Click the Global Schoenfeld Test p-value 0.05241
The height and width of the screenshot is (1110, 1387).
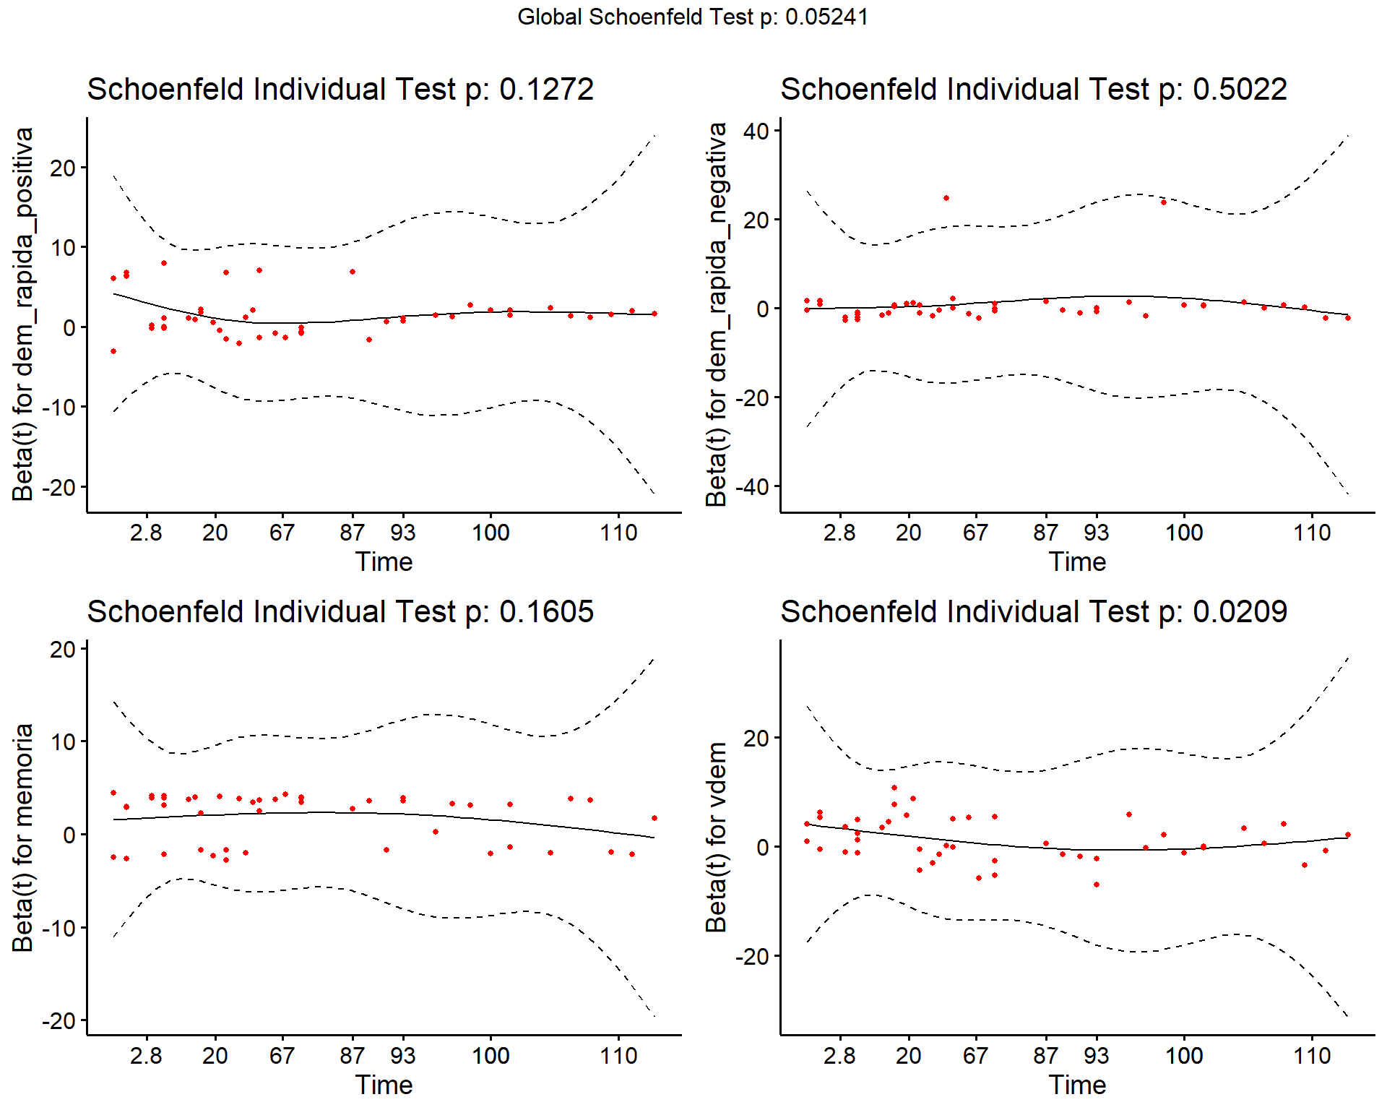(826, 17)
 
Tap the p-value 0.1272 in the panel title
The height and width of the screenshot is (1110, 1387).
(546, 90)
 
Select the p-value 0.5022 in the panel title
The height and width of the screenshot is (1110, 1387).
(1240, 90)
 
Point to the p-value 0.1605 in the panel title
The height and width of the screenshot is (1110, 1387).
(546, 612)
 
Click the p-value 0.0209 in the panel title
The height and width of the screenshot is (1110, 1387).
(1240, 612)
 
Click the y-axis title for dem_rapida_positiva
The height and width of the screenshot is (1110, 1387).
(23, 314)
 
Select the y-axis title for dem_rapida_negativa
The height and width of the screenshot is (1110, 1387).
(717, 314)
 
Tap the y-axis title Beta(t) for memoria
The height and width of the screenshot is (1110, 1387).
(23, 838)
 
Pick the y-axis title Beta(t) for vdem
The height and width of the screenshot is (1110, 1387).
(717, 838)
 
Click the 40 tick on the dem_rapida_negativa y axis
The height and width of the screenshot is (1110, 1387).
(756, 132)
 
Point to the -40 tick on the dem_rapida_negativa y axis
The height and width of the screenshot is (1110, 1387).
(751, 487)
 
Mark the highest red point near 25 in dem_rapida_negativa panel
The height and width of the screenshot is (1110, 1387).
(946, 198)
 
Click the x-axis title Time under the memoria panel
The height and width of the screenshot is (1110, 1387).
(384, 1085)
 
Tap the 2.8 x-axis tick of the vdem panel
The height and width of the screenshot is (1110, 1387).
(839, 1056)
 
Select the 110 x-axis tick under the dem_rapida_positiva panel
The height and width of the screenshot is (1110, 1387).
(618, 533)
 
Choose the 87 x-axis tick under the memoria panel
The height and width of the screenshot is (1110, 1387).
(353, 1056)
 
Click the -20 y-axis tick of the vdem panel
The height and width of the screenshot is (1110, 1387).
(751, 957)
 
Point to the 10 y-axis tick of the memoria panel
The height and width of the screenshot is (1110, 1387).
(63, 742)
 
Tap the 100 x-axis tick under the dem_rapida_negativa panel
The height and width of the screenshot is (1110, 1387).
(1184, 533)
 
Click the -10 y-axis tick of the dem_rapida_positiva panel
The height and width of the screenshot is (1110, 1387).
(58, 408)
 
